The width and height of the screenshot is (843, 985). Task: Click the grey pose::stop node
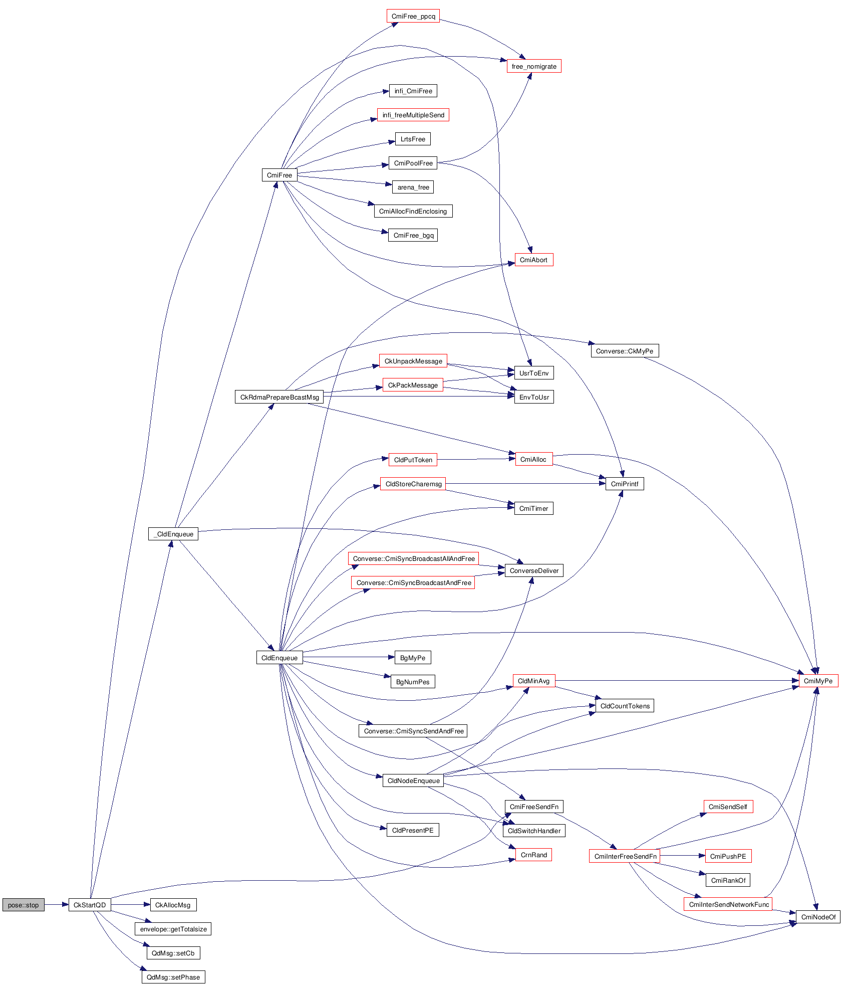pos(23,905)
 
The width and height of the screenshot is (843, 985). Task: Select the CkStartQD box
pos(90,905)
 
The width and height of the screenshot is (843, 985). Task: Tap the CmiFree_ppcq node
pos(413,16)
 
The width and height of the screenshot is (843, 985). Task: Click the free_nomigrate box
pos(534,66)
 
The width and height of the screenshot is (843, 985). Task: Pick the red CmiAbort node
pos(533,260)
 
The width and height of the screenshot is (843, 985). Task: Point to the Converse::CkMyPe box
pos(624,351)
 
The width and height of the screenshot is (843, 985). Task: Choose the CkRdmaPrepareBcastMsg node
pos(279,397)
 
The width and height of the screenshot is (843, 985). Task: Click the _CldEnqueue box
pos(173,534)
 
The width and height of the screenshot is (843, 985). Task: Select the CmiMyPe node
pos(817,681)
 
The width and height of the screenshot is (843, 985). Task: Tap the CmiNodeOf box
pos(818,917)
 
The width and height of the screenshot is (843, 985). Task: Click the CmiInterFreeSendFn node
pos(625,856)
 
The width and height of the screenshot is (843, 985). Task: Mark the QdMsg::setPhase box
pos(173,977)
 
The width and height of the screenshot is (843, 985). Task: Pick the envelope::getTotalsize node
pos(173,929)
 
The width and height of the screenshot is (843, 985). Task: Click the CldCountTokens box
pos(625,706)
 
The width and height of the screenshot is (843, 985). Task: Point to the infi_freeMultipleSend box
pos(413,115)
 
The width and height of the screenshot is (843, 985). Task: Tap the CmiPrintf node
pos(625,484)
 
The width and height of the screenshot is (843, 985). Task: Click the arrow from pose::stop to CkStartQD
pos(56,905)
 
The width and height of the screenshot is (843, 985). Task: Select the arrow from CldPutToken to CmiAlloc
pos(476,459)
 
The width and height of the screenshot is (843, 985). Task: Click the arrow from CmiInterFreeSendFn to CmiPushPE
pos(682,856)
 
